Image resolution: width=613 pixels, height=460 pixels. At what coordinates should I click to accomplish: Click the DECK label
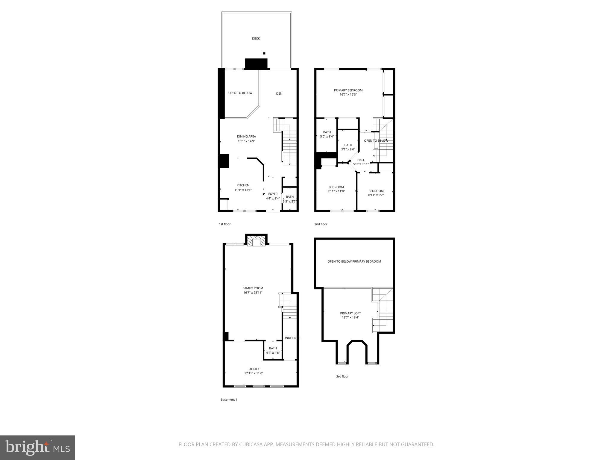click(x=256, y=38)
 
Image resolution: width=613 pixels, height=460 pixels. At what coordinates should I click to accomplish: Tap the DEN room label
click(x=279, y=93)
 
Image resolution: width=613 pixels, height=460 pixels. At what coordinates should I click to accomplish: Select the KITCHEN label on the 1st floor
click(x=243, y=185)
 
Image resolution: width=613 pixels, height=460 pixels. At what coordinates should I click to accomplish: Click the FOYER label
click(x=273, y=194)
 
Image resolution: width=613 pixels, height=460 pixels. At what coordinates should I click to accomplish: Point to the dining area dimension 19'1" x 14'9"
click(x=246, y=141)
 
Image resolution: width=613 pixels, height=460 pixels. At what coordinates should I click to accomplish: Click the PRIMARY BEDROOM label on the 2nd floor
click(x=348, y=90)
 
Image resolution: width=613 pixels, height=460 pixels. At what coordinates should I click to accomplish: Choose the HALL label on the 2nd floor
click(x=361, y=160)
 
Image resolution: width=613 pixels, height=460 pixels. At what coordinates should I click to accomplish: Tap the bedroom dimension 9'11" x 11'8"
click(x=336, y=191)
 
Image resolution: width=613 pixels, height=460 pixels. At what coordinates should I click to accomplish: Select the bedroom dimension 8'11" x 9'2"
click(x=376, y=195)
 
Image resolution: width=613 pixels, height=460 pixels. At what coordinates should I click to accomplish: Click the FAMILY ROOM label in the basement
click(x=253, y=288)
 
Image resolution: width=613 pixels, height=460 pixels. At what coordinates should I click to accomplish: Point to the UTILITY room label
click(x=254, y=369)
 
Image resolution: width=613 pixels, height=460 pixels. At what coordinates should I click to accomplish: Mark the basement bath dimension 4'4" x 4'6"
click(x=273, y=352)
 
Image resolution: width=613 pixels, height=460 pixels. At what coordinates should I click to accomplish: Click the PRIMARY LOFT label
click(x=350, y=313)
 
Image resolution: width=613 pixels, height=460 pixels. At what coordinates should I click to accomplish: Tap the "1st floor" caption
click(x=225, y=224)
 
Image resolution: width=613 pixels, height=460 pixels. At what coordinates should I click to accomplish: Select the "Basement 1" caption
click(x=229, y=400)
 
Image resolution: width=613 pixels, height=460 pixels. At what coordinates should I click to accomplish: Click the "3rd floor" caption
click(x=342, y=376)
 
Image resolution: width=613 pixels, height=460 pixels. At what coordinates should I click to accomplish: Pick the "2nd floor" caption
click(x=321, y=224)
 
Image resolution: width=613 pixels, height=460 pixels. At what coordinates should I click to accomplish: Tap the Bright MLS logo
click(x=37, y=447)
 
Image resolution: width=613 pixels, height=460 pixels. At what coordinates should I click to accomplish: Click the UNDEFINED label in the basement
click(x=292, y=338)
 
